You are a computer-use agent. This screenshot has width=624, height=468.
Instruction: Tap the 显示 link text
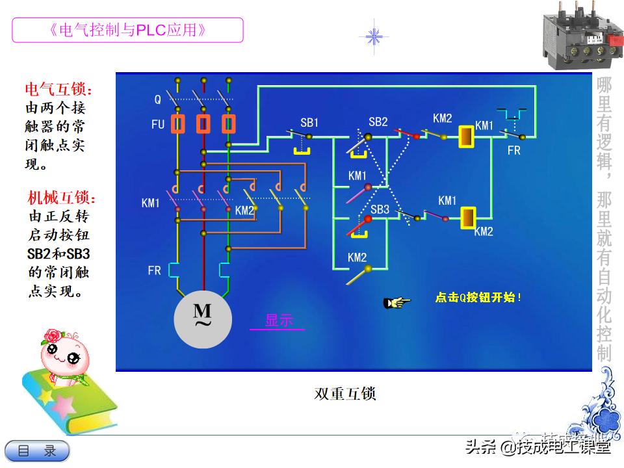point(278,320)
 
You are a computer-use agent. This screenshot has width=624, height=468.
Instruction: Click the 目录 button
point(37,450)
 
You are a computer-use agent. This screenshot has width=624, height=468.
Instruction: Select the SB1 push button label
point(309,122)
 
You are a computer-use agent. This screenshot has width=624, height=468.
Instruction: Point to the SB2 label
point(378,122)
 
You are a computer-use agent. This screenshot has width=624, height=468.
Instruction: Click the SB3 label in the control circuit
point(380,209)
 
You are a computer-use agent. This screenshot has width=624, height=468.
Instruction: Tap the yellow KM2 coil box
point(467,218)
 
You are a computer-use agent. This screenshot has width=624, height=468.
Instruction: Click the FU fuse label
point(158,124)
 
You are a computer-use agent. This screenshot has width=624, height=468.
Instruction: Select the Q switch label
point(157,100)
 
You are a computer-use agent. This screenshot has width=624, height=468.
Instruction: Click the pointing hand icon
point(397,302)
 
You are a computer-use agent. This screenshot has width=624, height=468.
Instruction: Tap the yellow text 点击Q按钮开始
point(478,298)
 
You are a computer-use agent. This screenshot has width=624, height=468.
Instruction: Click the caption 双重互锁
point(345,394)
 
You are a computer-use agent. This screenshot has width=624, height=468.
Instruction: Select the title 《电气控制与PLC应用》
point(127,30)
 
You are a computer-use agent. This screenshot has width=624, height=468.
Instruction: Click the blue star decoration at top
point(374,36)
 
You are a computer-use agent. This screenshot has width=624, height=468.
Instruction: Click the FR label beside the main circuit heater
point(154,270)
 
